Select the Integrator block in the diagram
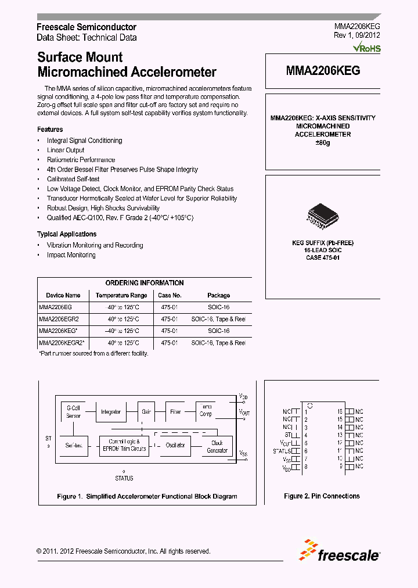[111, 412]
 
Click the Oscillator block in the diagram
[175, 445]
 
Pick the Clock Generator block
[217, 446]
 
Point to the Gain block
[146, 412]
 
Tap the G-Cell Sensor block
[73, 412]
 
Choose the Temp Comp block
[206, 410]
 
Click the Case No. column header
[170, 295]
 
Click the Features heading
[50, 130]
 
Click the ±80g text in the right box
[322, 143]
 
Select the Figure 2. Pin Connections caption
[322, 496]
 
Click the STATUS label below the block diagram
[124, 478]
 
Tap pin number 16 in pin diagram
[340, 410]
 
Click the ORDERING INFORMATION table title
[145, 283]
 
